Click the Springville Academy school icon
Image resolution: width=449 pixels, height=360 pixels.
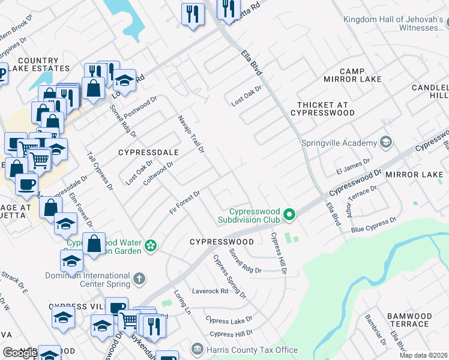[x=386, y=143]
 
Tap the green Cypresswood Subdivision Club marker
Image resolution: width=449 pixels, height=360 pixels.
[x=290, y=214]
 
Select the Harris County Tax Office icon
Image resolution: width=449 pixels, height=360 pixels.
[x=197, y=349]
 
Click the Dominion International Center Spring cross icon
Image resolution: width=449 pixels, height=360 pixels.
[x=139, y=278]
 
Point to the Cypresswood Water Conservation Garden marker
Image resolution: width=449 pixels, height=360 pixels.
[x=151, y=245]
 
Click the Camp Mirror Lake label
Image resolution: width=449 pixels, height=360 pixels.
[x=352, y=75]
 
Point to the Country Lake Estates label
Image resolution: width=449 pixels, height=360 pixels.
[x=38, y=65]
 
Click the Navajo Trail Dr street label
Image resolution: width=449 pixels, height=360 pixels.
[x=191, y=133]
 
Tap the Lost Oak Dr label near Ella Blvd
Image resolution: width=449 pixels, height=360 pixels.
[x=247, y=96]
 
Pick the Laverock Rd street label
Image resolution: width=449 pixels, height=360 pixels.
[x=210, y=292]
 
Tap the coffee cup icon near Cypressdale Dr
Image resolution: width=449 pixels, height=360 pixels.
[x=26, y=184]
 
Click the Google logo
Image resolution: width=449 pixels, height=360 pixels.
[x=20, y=353]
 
